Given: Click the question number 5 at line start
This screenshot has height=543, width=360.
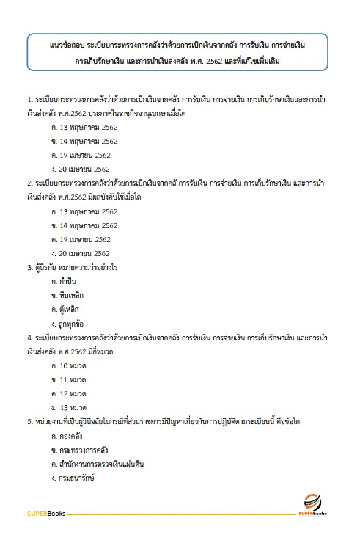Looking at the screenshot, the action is tap(29, 421).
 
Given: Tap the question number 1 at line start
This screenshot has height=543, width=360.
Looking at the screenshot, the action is tap(29, 99).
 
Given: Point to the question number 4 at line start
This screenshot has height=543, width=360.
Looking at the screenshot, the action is tap(29, 337).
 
